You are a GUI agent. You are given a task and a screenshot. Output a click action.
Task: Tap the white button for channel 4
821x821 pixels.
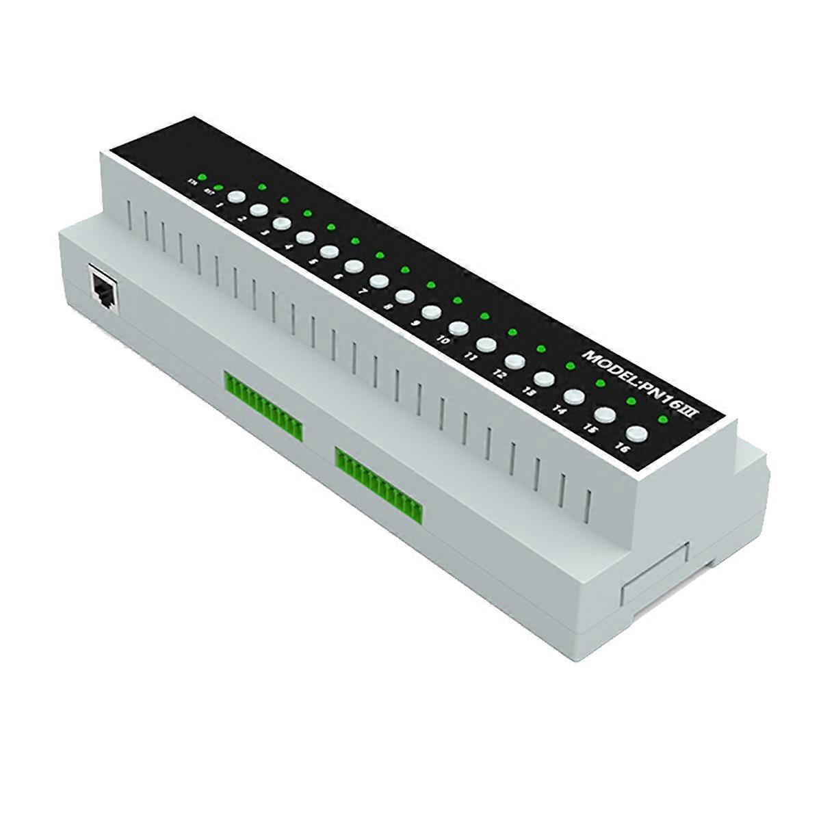pos(305,237)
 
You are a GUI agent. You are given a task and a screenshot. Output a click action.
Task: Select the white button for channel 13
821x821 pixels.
pos(545,378)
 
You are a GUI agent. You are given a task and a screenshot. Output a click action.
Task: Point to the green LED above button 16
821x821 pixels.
pos(662,418)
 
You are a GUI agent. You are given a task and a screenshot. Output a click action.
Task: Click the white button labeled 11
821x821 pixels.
pos(486,344)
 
